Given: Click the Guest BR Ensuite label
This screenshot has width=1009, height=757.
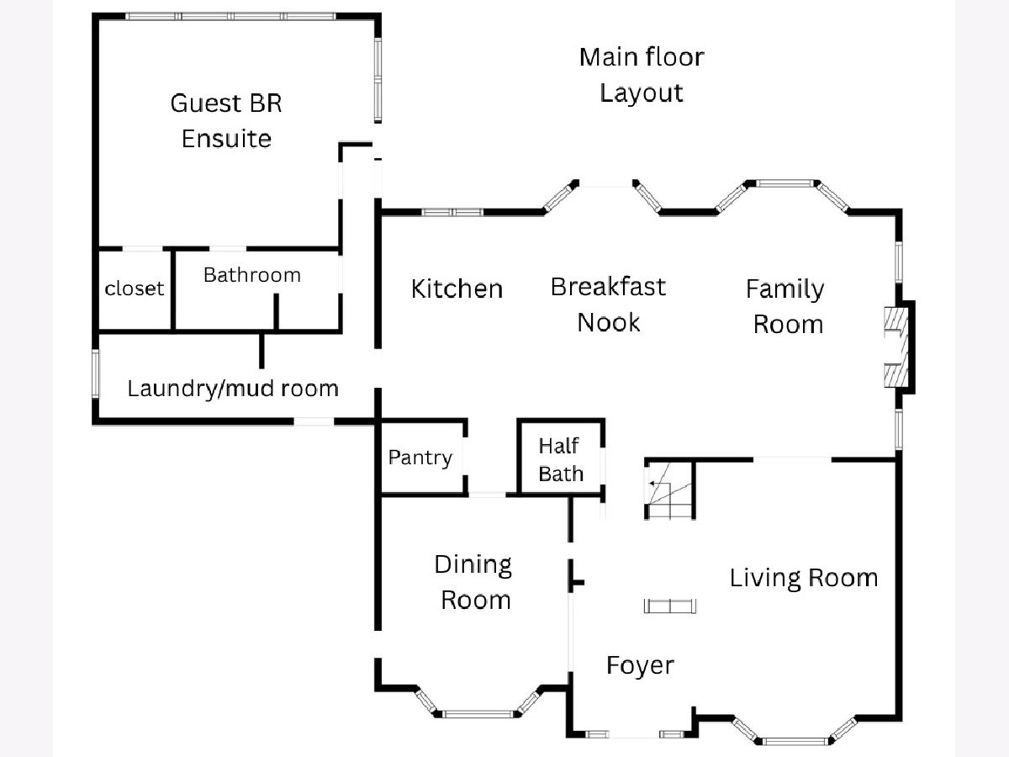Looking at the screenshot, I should (226, 120).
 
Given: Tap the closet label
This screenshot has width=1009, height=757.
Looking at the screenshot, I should (135, 289).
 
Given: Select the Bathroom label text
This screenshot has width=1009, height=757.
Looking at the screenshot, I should (251, 275).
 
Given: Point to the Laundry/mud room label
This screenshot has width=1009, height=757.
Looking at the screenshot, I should (233, 389).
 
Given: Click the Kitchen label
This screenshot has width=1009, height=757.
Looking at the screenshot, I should (457, 289).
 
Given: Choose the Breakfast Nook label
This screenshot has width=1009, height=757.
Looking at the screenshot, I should (608, 304).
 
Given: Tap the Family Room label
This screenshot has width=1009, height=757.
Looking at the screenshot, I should (785, 306).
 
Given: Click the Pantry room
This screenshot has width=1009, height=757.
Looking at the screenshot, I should (420, 458).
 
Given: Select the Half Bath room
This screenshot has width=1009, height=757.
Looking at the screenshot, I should (561, 459).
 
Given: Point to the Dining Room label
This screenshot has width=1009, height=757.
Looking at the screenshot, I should (474, 582).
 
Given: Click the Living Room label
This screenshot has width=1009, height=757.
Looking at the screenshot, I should (803, 578).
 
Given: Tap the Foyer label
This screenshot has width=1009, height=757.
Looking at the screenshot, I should (640, 665).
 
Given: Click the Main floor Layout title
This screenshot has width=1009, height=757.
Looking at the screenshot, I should (642, 75).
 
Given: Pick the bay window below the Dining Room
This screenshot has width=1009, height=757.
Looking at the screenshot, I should (478, 711).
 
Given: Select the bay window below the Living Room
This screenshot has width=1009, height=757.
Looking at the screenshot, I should (795, 738).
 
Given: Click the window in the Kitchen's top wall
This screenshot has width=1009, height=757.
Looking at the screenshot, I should (452, 212).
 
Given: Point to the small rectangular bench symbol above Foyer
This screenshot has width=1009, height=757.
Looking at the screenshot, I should (670, 606).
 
